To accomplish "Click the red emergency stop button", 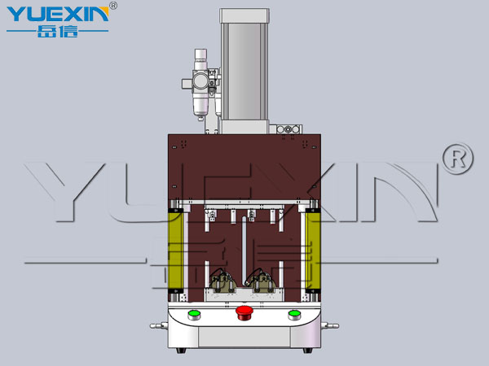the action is [x=244, y=313].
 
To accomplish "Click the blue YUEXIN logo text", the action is [x=58, y=14].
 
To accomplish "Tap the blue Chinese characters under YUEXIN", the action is [x=57, y=32].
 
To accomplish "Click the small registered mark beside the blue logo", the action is [x=113, y=6].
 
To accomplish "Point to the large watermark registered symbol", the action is [x=458, y=159].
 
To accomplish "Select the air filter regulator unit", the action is [x=200, y=84].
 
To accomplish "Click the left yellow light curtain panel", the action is [x=175, y=251].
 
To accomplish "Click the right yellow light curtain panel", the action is [x=313, y=251].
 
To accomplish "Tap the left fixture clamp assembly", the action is [x=222, y=282].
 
